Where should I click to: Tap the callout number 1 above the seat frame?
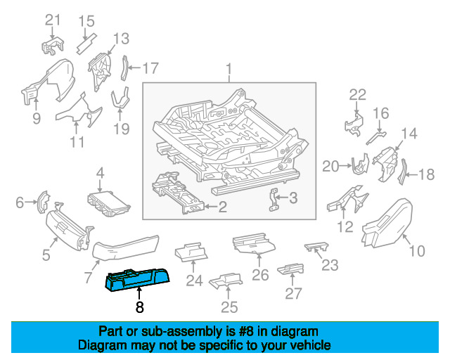tap(229, 69)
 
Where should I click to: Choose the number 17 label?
tap(150, 68)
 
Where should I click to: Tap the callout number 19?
tap(122, 128)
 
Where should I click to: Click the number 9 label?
tap(36, 119)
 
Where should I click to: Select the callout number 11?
tap(77, 141)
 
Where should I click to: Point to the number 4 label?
tap(101, 172)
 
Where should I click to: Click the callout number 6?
tap(19, 203)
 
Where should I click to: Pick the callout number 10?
tap(416, 250)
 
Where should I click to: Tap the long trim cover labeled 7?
tap(124, 249)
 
